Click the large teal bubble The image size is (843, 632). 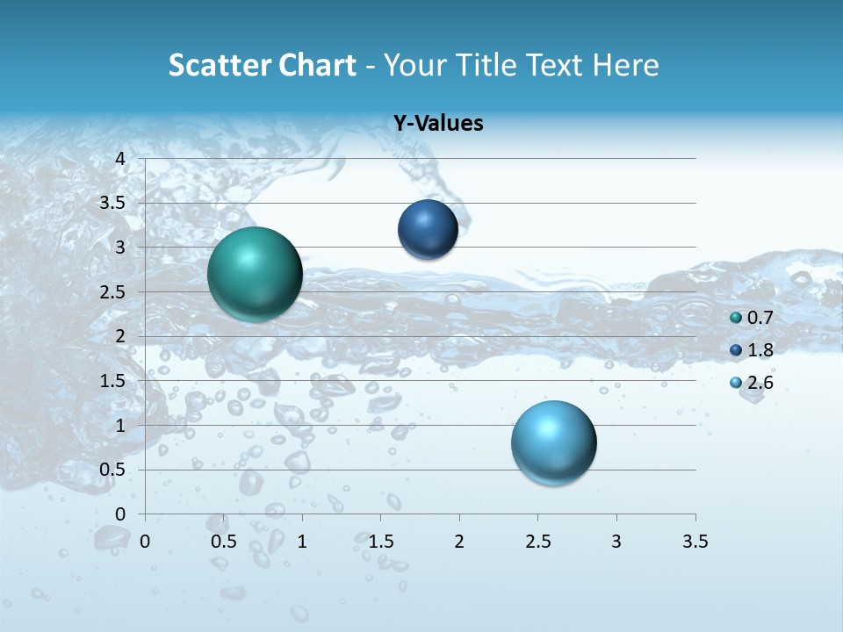(255, 274)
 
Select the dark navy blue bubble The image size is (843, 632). (428, 229)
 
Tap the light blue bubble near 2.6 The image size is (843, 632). (553, 442)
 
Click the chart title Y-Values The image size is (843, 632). (437, 124)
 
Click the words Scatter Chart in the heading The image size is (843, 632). (262, 65)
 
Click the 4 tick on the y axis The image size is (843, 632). (120, 159)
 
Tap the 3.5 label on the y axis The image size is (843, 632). (113, 203)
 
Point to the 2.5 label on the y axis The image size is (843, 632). (113, 292)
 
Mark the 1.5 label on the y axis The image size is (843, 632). (113, 381)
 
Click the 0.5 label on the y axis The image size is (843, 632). (113, 470)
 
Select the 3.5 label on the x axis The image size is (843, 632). (695, 541)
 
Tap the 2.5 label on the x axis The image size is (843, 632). (537, 541)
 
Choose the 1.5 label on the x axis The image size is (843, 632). (380, 541)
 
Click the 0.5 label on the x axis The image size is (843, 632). (223, 541)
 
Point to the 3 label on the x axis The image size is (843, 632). (616, 541)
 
